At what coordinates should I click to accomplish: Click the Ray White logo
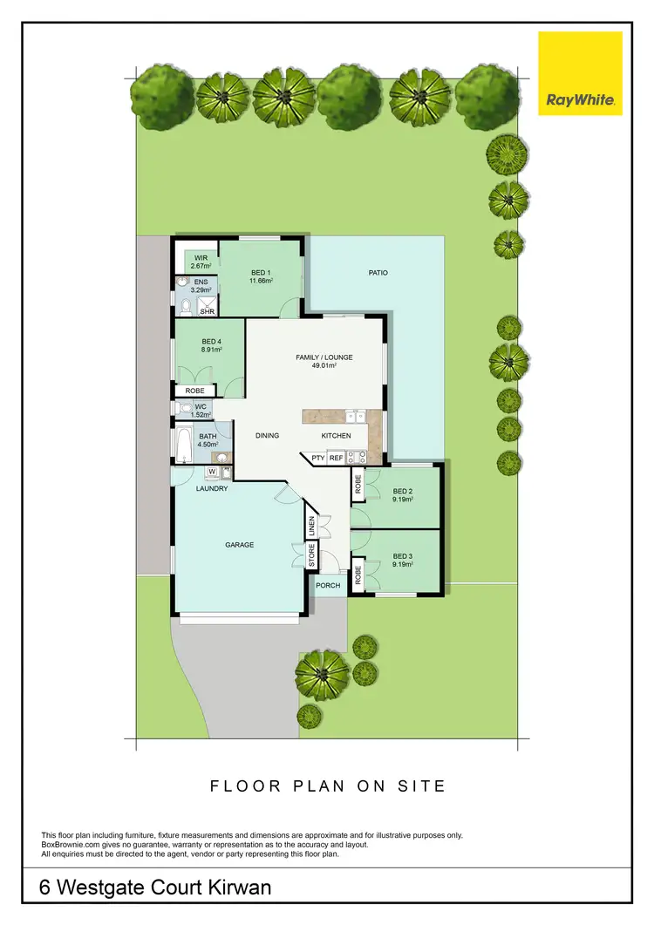(x=580, y=73)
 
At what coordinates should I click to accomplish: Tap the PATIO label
(x=378, y=273)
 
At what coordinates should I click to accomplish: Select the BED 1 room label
(x=262, y=277)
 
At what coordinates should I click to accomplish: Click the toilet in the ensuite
(x=185, y=305)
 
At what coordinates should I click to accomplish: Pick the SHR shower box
(x=208, y=308)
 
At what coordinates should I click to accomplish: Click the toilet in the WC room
(x=186, y=408)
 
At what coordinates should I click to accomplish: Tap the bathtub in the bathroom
(x=185, y=445)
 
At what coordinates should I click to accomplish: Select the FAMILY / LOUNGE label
(x=324, y=362)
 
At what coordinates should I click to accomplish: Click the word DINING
(x=267, y=435)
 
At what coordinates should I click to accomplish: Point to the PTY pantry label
(x=317, y=457)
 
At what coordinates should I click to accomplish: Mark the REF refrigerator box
(x=336, y=457)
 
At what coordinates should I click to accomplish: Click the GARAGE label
(x=240, y=545)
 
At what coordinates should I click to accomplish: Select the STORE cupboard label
(x=312, y=556)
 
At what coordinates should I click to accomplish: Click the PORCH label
(x=328, y=586)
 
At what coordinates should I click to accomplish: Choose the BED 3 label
(x=402, y=561)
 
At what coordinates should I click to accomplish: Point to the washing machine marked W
(x=211, y=472)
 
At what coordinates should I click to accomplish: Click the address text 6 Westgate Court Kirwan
(x=155, y=888)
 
